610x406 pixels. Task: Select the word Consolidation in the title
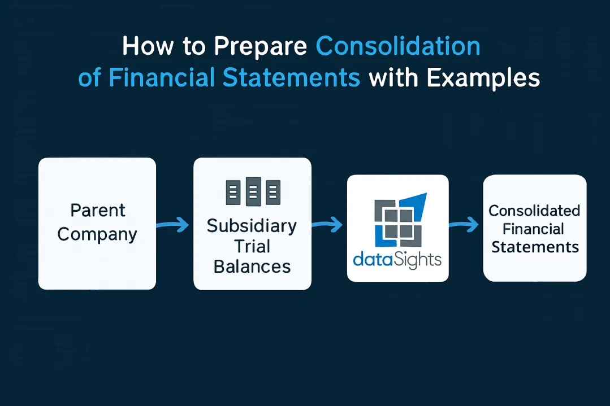pos(398,47)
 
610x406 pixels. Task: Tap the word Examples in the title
pos(483,78)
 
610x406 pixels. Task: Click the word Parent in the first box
pos(98,211)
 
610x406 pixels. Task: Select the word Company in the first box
pos(98,234)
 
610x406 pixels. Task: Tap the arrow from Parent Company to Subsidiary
pos(173,226)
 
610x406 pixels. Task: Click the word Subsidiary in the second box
pos(252,226)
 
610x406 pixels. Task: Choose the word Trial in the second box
pos(252,246)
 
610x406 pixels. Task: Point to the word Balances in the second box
pos(252,267)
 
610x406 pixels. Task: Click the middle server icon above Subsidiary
pos(253,192)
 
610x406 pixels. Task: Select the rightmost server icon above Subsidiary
pos(272,193)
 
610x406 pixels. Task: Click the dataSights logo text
pos(397,260)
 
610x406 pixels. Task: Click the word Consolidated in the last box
pos(534,211)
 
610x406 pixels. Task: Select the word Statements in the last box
pos(535,247)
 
